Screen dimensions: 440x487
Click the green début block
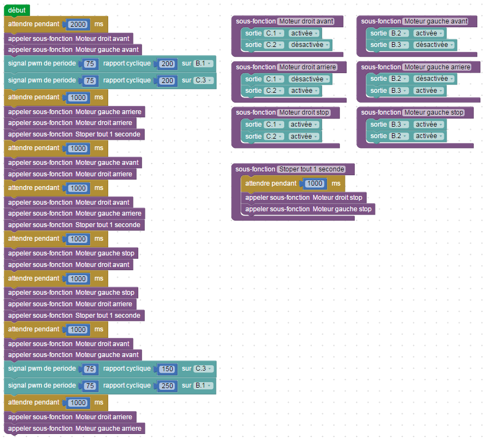click(x=16, y=10)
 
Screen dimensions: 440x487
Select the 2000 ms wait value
click(x=78, y=24)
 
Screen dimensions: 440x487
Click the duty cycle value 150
click(x=167, y=368)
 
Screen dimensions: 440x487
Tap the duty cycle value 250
click(x=167, y=385)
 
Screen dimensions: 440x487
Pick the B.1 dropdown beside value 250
click(x=202, y=385)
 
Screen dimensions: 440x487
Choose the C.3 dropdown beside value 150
click(x=202, y=368)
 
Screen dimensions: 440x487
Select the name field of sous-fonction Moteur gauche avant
click(x=436, y=21)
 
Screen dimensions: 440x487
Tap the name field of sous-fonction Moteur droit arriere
click(x=307, y=67)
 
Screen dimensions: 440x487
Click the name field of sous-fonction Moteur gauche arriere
click(x=437, y=67)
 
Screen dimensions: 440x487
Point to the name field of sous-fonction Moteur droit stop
click(x=304, y=112)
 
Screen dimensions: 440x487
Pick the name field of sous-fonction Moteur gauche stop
click(x=434, y=112)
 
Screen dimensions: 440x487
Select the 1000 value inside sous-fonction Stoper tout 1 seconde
click(x=314, y=183)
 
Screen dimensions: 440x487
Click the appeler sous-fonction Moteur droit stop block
click(x=304, y=198)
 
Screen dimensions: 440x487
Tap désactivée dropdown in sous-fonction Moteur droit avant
click(x=310, y=45)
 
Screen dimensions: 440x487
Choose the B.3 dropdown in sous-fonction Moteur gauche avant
click(x=398, y=45)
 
